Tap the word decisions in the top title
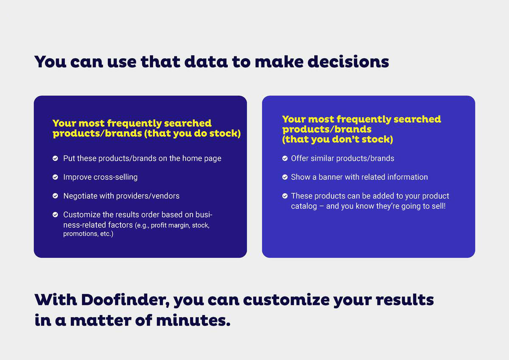[x=348, y=61]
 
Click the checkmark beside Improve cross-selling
[x=55, y=177]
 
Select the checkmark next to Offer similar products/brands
[x=285, y=158]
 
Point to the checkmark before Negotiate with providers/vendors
[x=55, y=196]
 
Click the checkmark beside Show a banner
[x=285, y=177]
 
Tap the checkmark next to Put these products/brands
[x=55, y=158]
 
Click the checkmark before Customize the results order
[x=55, y=215]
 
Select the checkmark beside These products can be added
[x=285, y=196]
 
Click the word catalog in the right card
[x=304, y=207]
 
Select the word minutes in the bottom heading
[x=193, y=320]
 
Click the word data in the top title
[x=206, y=61]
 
